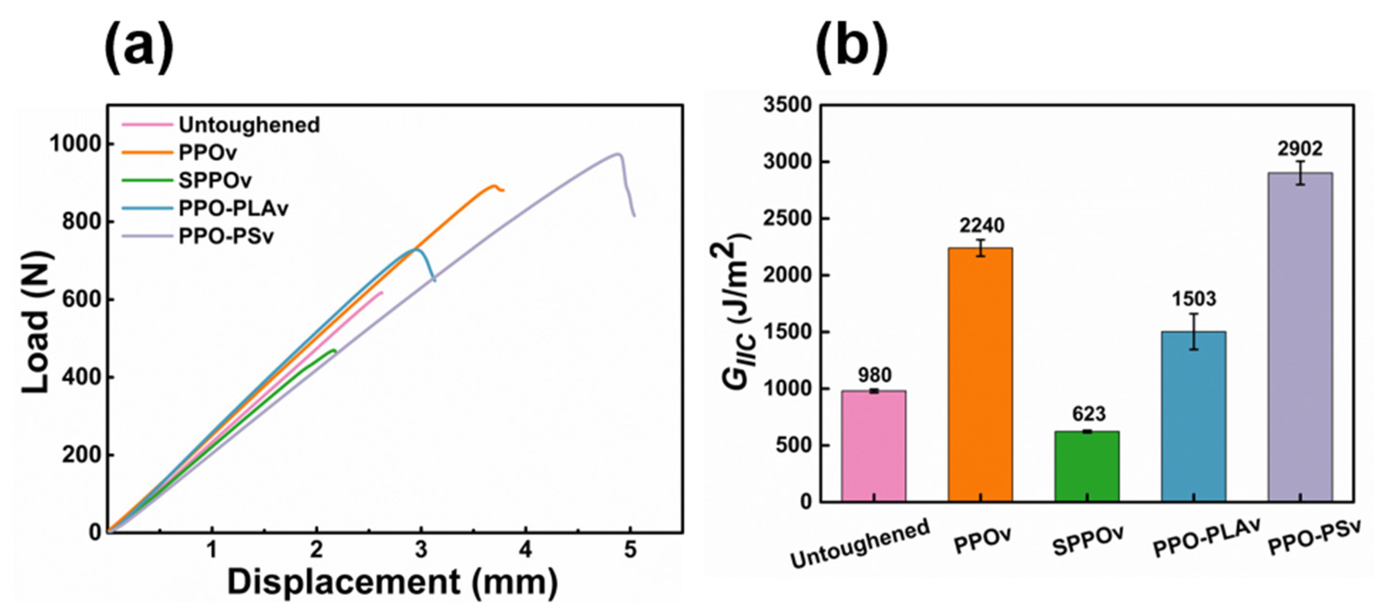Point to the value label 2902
tap(1300, 149)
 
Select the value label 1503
tap(1194, 298)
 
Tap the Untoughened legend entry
tap(249, 125)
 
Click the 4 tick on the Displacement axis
tap(525, 550)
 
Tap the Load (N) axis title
tap(38, 322)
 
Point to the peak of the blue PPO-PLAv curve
tap(415, 249)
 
